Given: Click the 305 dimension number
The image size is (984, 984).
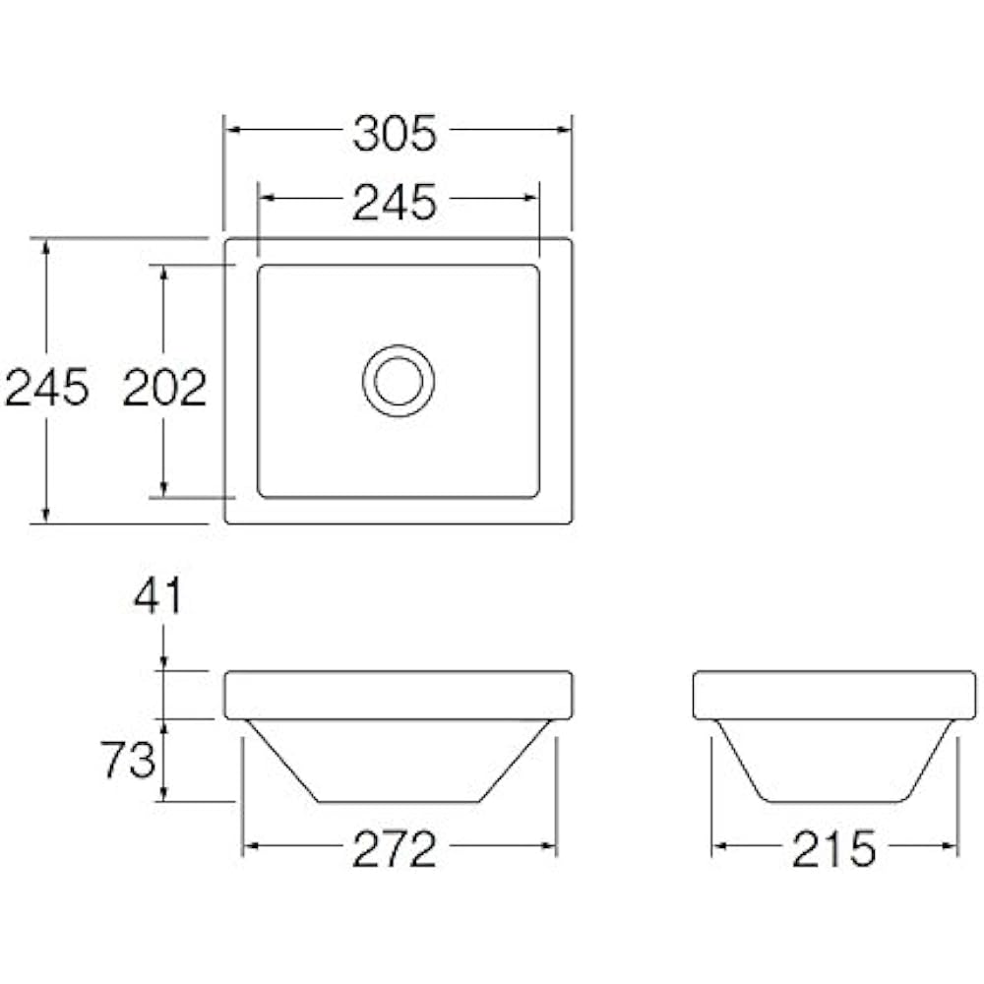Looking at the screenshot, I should point(395,134).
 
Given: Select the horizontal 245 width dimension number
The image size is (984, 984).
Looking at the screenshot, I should point(395,203).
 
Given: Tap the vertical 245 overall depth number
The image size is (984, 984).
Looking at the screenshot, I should point(47,387).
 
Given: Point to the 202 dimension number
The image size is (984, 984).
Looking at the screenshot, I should point(165,388).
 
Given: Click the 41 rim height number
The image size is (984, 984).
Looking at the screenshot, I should point(158,596).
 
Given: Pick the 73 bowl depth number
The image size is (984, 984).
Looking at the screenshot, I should point(129,760).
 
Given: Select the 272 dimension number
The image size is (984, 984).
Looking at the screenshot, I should point(395,849).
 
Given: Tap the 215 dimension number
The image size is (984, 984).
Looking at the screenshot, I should point(833,849).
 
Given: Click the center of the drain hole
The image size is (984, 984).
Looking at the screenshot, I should point(399,381).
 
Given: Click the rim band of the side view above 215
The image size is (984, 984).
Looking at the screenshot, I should point(834,695).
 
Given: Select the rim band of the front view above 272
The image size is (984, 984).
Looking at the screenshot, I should point(399,695).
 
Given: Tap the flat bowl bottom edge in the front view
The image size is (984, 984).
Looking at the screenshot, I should point(399,802).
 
